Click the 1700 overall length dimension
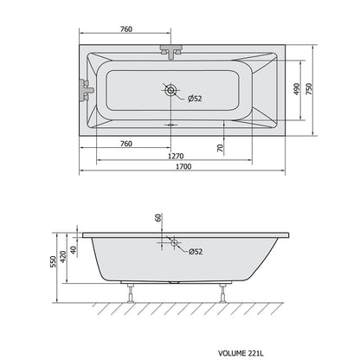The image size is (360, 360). pos(183,166)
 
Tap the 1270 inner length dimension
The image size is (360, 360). pos(176,156)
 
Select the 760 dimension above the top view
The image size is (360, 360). pos(126,29)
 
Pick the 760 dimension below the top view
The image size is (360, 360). pos(126,144)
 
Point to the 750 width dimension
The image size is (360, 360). pos(309,89)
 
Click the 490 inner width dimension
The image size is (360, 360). pos(297,89)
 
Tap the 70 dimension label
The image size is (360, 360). pos(220,148)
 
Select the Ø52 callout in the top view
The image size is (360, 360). pos(195,99)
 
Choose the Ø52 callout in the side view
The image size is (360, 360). pos(196,252)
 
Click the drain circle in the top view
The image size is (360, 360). pos(170,91)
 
